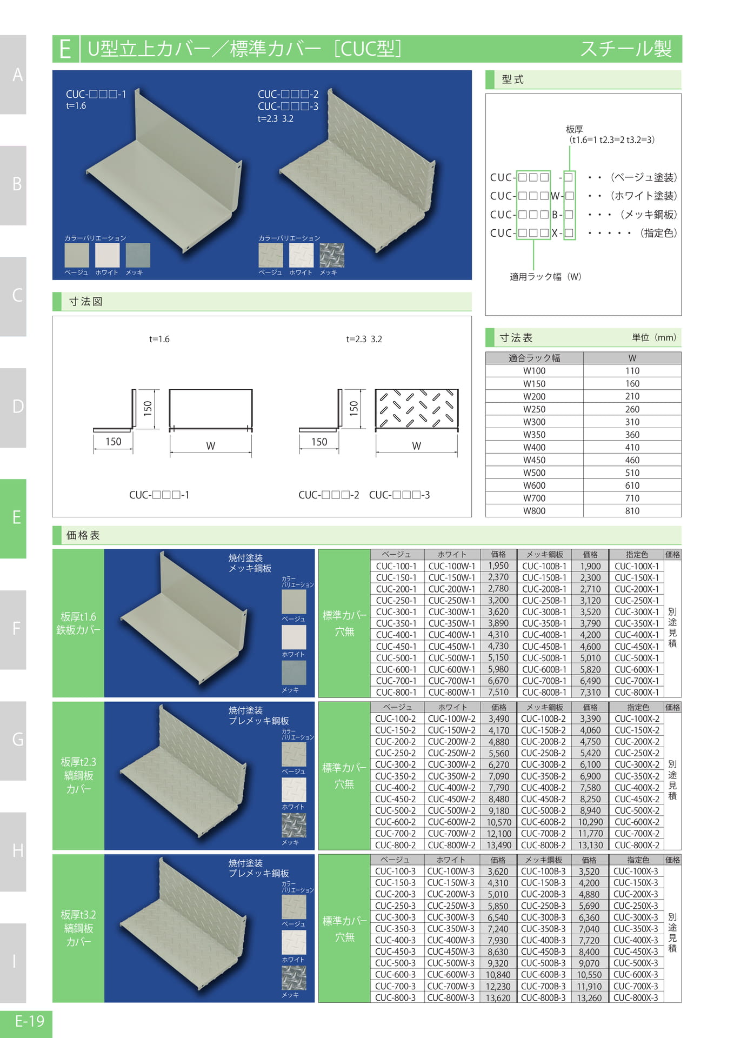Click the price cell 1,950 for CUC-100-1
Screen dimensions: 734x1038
[498, 566]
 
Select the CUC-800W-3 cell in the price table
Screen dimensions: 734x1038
[451, 997]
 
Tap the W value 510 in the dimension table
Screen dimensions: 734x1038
[632, 473]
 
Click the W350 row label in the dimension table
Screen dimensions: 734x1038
[534, 434]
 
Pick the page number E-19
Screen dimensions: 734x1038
[30, 1021]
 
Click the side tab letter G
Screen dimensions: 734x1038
[18, 739]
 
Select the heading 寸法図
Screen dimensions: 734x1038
[86, 302]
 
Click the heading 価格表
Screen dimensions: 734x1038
[83, 535]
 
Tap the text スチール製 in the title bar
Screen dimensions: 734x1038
[626, 49]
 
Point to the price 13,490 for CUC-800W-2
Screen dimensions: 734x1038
[499, 845]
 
